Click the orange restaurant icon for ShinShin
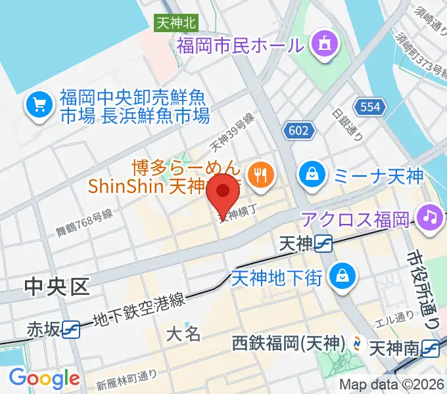(262, 174)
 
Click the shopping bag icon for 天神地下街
(342, 274)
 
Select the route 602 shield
(298, 131)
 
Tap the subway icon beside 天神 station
(323, 244)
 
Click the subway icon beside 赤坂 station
(72, 328)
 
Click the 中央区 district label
(57, 286)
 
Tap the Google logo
(44, 379)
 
